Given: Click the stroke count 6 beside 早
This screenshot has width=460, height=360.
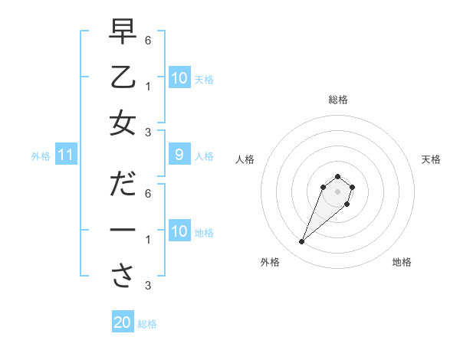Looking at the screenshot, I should point(148,40).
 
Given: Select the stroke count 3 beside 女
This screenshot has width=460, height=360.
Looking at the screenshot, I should point(148,132).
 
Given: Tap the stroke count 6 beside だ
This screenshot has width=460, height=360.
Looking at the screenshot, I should point(148,193).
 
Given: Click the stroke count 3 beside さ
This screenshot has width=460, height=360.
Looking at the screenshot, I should point(148,286).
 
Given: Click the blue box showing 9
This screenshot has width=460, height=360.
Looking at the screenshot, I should point(179,155).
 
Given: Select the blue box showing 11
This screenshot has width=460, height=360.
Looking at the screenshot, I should point(66,155).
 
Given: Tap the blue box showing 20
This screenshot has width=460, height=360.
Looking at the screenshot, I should point(123,322).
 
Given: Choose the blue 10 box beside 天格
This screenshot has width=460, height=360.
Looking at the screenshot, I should point(179,77).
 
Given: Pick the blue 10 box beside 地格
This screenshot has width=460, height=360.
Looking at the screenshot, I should point(179,231).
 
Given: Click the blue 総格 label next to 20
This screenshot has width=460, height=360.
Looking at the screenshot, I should point(147,324).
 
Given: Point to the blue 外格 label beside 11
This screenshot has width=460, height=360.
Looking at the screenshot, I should point(41,156).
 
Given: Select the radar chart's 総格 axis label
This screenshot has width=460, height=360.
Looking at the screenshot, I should point(337,100).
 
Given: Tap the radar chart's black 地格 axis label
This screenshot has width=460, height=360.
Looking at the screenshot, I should point(402,263).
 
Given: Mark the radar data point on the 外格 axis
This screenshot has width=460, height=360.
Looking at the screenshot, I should point(302,242).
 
